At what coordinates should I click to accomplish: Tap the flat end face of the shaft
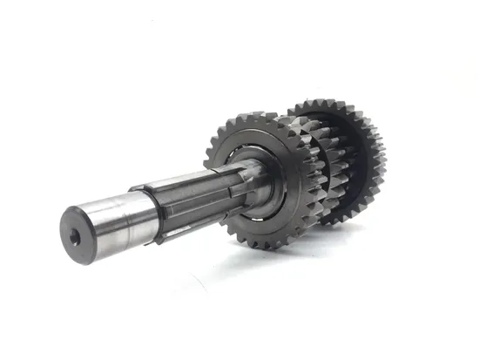pos(77,225)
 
